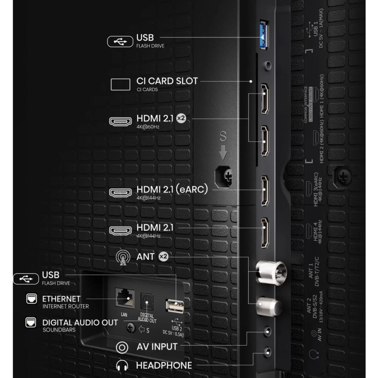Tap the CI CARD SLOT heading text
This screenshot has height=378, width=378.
(167, 81)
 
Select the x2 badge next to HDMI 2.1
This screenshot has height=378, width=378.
(181, 118)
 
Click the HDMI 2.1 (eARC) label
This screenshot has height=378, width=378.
(172, 189)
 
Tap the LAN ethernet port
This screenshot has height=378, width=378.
(124, 298)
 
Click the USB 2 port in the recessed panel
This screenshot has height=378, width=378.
(175, 306)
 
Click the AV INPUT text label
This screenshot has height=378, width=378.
(157, 347)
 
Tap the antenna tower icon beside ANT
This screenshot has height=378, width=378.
(123, 257)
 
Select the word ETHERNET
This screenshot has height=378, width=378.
(61, 299)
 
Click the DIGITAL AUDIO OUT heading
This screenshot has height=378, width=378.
(80, 323)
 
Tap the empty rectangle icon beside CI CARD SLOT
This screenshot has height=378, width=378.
(120, 84)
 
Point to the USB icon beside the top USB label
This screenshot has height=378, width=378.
(120, 41)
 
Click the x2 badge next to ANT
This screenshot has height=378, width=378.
(163, 256)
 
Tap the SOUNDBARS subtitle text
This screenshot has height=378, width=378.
(59, 330)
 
